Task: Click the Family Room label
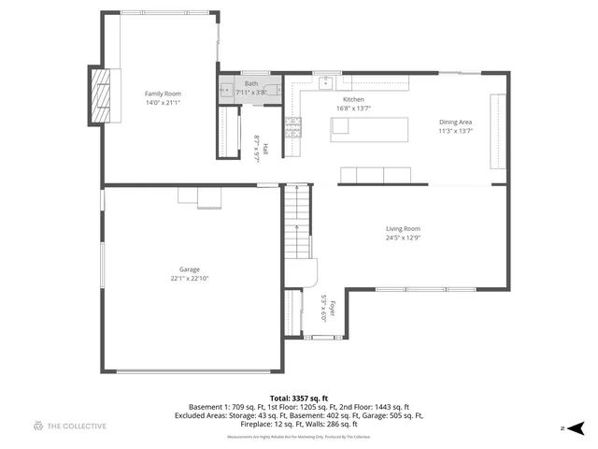pyautogui.click(x=162, y=94)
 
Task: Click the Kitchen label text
pyautogui.click(x=353, y=99)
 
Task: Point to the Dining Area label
pyautogui.click(x=456, y=122)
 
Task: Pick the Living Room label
pyautogui.click(x=404, y=228)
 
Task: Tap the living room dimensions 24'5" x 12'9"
pyautogui.click(x=404, y=238)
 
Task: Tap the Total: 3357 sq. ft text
pyautogui.click(x=298, y=398)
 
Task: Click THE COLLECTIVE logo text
pyautogui.click(x=77, y=427)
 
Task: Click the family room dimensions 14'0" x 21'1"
pyautogui.click(x=162, y=103)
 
